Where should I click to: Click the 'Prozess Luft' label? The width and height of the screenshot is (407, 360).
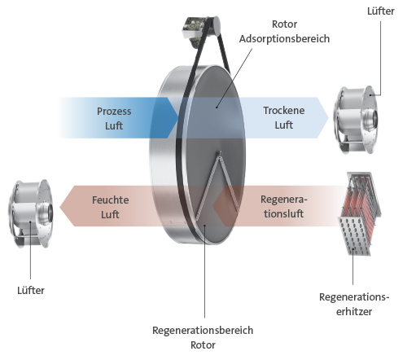click(x=114, y=118)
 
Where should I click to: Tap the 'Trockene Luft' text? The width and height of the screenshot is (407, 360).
click(x=284, y=117)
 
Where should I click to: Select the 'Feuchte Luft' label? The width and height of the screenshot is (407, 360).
click(x=110, y=207)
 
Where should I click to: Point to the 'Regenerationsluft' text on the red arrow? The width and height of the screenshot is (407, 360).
click(x=284, y=206)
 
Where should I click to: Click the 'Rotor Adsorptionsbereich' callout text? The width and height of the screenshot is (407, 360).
click(x=284, y=31)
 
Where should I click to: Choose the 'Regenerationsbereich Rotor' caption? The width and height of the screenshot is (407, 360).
click(x=203, y=337)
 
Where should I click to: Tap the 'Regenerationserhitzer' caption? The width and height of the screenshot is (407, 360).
click(x=354, y=304)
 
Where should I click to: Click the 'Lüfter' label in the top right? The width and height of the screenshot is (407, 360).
click(x=381, y=11)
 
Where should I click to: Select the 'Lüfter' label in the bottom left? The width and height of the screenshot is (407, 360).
click(x=31, y=290)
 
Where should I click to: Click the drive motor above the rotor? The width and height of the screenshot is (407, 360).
click(x=201, y=30)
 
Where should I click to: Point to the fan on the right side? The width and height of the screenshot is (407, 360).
click(x=356, y=120)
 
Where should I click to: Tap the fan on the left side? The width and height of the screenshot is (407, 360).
click(x=31, y=213)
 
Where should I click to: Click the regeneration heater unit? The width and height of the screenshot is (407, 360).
click(x=360, y=213)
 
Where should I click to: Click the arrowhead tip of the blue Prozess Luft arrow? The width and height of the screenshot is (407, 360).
click(x=178, y=118)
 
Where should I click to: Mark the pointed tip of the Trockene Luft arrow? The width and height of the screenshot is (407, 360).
click(x=329, y=118)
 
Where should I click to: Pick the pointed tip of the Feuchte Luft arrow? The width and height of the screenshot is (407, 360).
click(x=60, y=206)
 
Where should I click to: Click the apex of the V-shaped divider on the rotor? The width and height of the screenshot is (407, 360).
click(x=221, y=152)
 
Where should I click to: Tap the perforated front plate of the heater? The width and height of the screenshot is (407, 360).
click(x=354, y=235)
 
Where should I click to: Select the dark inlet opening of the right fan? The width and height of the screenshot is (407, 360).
click(x=375, y=119)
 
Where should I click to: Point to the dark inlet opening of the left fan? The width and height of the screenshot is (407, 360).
click(x=50, y=213)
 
